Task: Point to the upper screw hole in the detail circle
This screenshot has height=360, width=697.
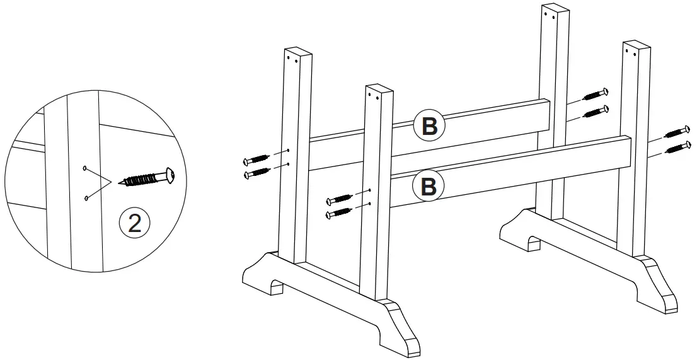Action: click(84, 168)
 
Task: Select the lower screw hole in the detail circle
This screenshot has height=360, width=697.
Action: click(86, 199)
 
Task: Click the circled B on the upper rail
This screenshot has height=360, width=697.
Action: click(429, 126)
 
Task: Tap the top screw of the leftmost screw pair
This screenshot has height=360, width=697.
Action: click(257, 159)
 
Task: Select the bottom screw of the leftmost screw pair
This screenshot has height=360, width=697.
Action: click(257, 171)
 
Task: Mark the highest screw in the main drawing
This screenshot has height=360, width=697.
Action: click(596, 95)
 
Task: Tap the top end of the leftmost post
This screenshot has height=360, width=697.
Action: click(297, 51)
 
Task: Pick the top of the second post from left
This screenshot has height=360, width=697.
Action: click(379, 89)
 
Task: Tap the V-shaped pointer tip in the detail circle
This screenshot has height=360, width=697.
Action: click(112, 182)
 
